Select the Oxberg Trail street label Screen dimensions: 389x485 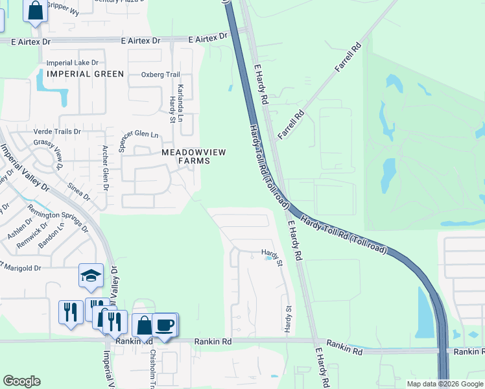[x=160, y=75]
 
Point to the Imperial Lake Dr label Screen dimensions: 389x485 [x=72, y=63]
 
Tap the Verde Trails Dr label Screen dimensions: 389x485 [x=57, y=131]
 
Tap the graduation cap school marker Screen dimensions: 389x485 [x=91, y=275]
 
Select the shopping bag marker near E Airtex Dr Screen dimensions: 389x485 [x=36, y=10]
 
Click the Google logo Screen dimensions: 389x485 [x=21, y=381]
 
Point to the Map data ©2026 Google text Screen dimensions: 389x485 [x=445, y=384]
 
